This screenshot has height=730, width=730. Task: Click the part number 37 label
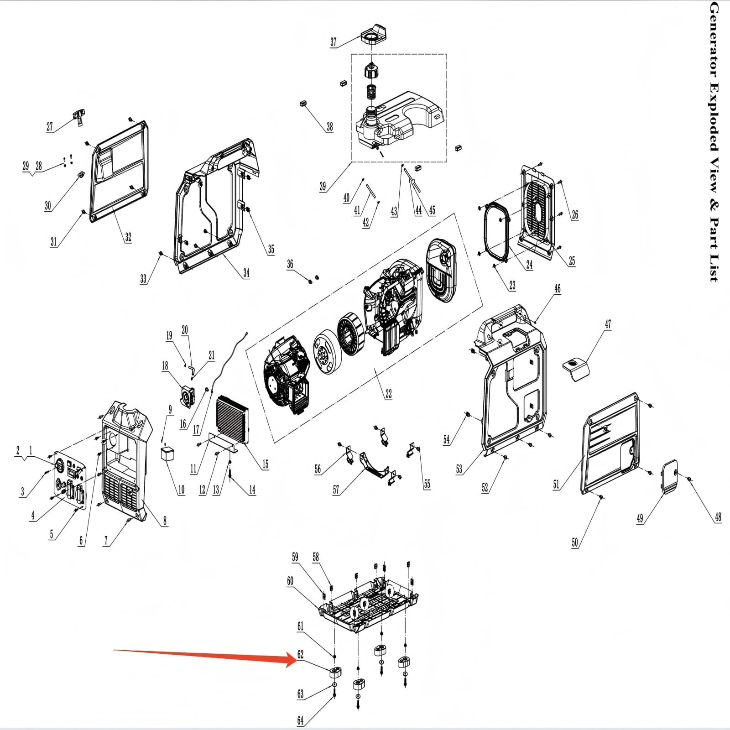tap(334, 42)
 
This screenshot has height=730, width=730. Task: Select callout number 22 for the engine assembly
tap(388, 394)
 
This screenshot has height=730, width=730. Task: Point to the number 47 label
tap(608, 324)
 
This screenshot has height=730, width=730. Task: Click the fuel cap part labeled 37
tap(374, 33)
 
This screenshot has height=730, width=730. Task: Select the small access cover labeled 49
tap(669, 476)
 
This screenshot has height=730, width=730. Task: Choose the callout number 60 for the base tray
tap(290, 581)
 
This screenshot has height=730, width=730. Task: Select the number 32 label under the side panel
tap(128, 237)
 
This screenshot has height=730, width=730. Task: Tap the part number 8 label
tap(165, 521)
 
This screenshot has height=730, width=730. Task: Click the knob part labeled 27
tap(78, 116)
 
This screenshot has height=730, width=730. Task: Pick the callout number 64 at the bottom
tap(300, 720)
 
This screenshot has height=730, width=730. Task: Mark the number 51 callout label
tap(556, 485)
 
